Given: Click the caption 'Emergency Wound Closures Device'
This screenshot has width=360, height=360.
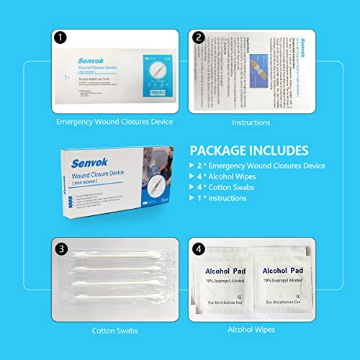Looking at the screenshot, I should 114,122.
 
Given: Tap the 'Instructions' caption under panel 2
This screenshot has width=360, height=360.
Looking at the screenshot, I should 251,122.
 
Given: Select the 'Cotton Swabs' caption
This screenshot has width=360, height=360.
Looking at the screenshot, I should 114,330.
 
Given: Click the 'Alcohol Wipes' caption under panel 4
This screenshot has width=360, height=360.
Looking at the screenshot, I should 251,330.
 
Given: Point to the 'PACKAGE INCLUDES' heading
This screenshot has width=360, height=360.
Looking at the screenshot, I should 249,150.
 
